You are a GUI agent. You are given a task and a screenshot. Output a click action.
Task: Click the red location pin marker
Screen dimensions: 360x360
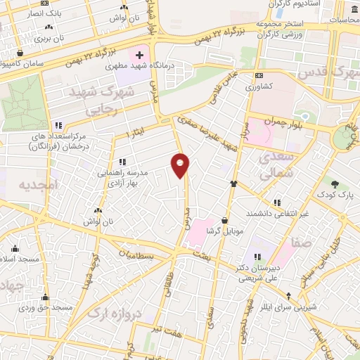181,165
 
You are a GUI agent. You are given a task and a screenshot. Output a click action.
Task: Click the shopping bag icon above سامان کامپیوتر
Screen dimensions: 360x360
20,53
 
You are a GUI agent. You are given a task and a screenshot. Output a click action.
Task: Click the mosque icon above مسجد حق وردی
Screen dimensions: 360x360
46,297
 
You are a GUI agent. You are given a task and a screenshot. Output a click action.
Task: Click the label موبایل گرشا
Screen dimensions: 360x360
224,231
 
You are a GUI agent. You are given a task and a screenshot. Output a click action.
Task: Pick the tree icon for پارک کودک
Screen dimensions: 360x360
335,184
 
